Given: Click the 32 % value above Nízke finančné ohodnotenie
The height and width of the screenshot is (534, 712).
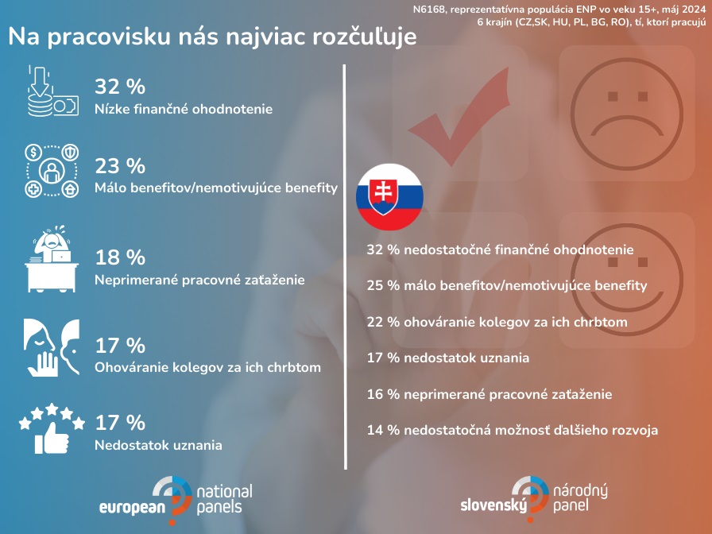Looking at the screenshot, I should [x=120, y=87].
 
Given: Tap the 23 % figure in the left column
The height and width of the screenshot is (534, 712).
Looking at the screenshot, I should [x=120, y=166].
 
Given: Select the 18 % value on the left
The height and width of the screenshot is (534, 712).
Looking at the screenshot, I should [x=120, y=257].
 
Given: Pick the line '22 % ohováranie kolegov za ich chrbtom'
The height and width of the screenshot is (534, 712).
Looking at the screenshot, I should [x=497, y=322].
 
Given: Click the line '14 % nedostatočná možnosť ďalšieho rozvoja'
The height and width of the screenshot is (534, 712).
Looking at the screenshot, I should [x=513, y=430].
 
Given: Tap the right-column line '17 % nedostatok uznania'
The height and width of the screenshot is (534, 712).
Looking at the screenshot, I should [x=448, y=358].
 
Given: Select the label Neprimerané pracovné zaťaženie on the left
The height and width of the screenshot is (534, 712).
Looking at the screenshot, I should [x=199, y=280].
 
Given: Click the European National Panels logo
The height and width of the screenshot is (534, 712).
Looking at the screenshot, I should [x=176, y=497].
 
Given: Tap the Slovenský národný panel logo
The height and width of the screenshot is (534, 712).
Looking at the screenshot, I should [x=538, y=497].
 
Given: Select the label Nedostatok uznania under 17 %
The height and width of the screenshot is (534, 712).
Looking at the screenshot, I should [x=158, y=445].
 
